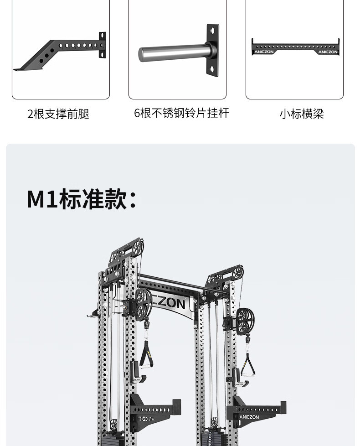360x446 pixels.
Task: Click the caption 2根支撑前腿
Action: [58, 114]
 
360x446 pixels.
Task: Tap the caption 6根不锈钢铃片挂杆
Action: [181, 113]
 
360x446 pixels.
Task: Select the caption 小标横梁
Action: [301, 114]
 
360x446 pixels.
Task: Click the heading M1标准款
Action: [82, 199]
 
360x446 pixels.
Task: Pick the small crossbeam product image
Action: [295, 47]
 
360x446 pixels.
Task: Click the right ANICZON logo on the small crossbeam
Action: [328, 52]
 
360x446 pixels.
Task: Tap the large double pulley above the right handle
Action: [245, 318]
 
